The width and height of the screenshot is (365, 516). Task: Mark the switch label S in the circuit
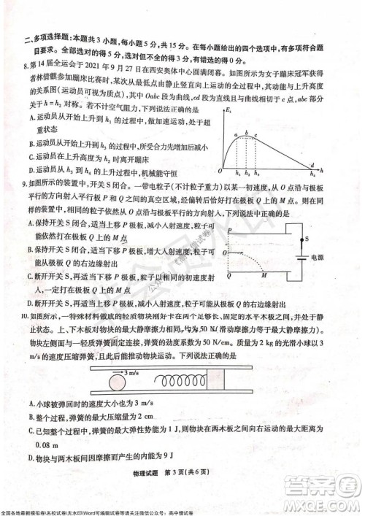(x=307, y=238)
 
